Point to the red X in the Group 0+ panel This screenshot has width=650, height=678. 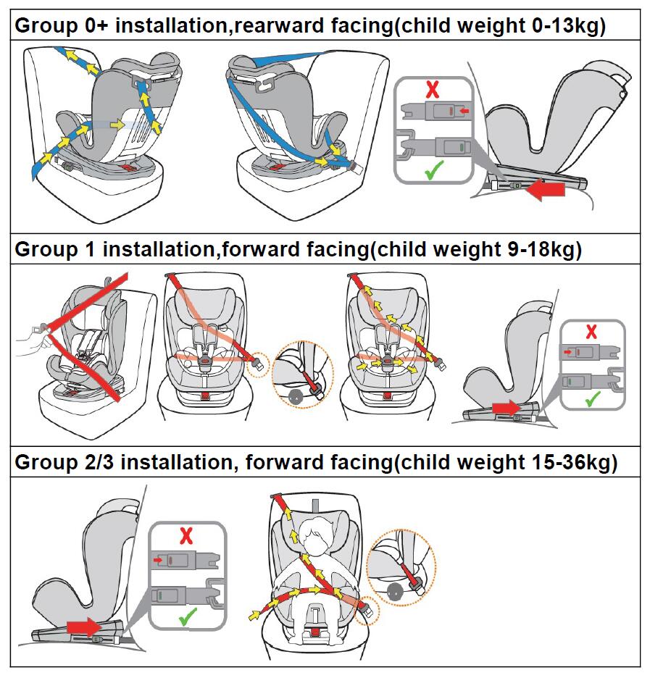pos(433,90)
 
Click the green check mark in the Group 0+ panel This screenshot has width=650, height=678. pos(434,170)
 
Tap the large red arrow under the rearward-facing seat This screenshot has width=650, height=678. pos(547,189)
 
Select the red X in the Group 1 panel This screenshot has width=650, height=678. pos(591,332)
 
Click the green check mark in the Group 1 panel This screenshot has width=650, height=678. pos(593,398)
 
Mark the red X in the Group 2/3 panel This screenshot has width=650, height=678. pos(186,536)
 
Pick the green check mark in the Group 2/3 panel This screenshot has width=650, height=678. pos(188,616)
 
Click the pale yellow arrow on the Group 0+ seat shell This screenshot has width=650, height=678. pos(117,125)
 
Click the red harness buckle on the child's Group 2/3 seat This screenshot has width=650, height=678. pos(315,632)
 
